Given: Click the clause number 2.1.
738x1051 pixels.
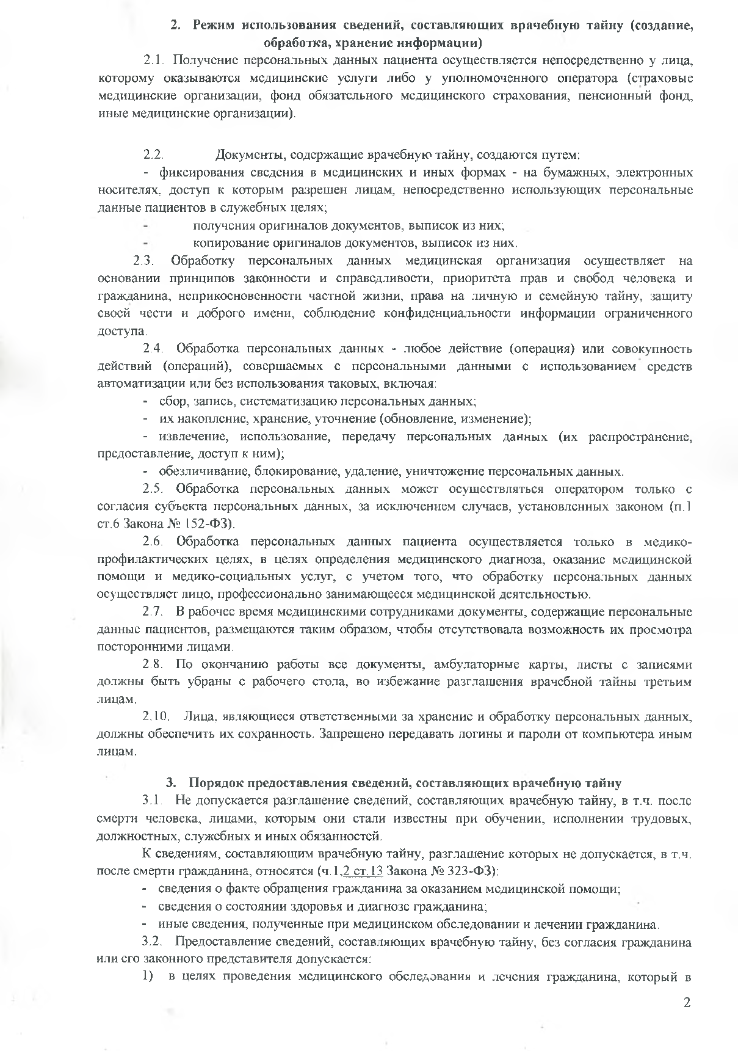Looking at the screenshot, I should coord(154,60).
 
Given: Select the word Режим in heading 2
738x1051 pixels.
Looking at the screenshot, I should coord(213,26).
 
